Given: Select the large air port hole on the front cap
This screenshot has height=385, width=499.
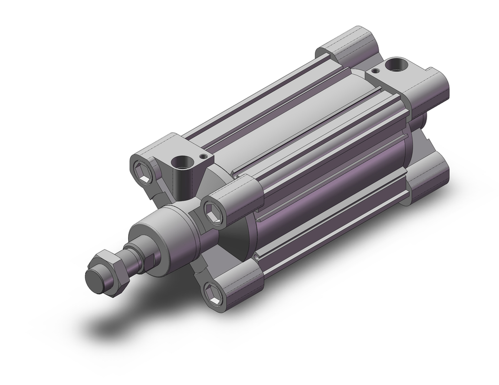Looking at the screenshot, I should [177, 163].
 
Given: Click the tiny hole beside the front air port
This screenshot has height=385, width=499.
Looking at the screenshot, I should [201, 156].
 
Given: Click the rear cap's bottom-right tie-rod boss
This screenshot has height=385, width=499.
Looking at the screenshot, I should [429, 175].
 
